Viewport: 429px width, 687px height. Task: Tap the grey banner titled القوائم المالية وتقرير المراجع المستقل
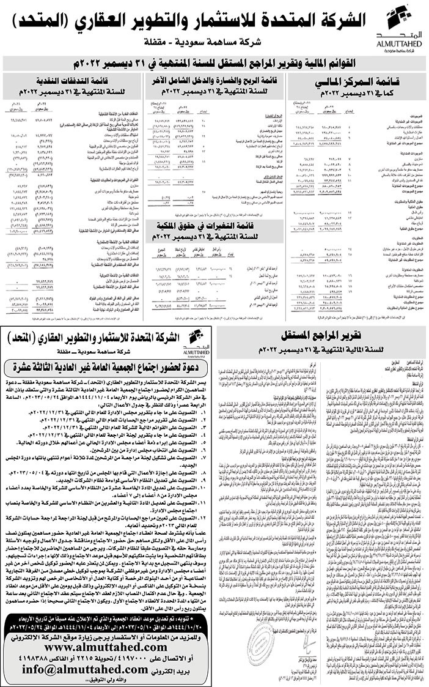[215, 64]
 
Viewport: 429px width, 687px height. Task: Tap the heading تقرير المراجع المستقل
[318, 336]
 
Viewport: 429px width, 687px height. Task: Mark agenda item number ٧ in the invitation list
[122, 456]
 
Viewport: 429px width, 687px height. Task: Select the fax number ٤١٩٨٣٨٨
[35, 658]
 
